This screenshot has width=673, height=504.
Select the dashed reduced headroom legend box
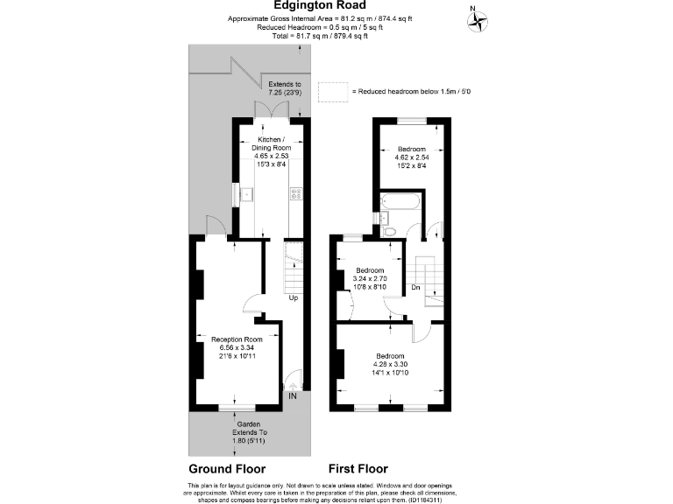coord(332,91)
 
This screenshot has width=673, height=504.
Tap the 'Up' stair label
coord(294,298)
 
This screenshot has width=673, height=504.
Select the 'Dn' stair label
coord(416,287)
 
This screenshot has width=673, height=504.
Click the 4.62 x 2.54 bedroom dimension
coord(411,158)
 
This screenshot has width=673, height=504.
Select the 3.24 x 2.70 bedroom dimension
coord(368,277)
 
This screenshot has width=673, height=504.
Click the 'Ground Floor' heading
coord(227,468)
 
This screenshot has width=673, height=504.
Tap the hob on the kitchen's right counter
coord(296,194)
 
